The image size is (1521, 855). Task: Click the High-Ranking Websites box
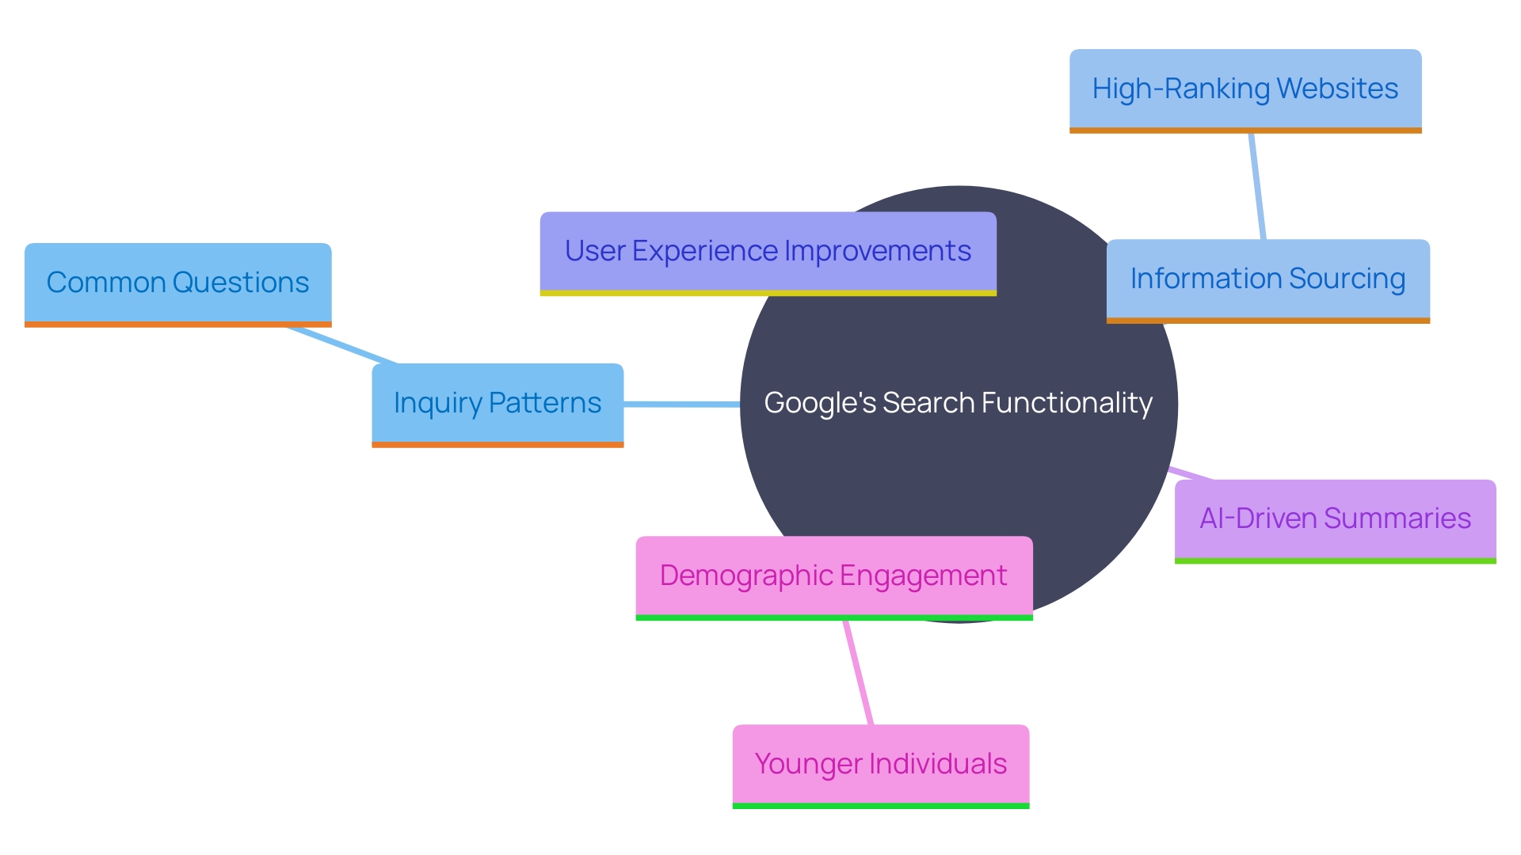coord(1245,89)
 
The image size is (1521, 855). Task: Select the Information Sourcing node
coord(1267,279)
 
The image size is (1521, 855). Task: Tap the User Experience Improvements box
coord(768,252)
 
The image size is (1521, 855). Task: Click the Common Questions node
coord(177,283)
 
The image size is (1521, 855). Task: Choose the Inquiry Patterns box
coord(497,403)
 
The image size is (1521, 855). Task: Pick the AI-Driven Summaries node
coord(1335,519)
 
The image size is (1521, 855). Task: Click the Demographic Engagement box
coord(833,576)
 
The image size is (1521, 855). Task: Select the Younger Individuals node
coord(880,764)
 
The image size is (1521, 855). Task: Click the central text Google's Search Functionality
coord(958,403)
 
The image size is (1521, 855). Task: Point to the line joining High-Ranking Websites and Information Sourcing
coord(1257,186)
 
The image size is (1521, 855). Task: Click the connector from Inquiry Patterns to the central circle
coord(681,405)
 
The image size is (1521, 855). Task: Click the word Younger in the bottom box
coord(808,764)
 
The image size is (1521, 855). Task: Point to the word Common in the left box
coord(105,283)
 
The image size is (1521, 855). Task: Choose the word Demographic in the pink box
coord(739,576)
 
